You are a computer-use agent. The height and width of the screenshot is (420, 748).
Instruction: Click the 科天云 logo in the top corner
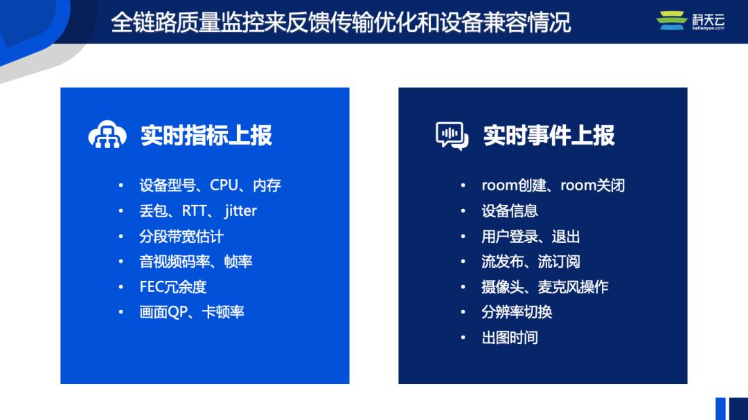click(x=690, y=21)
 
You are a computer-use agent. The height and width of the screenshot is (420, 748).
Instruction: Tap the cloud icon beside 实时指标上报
click(x=107, y=136)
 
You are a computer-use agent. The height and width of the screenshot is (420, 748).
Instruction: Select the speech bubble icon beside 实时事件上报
click(x=452, y=136)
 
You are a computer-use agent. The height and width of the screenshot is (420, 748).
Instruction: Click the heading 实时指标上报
click(x=206, y=136)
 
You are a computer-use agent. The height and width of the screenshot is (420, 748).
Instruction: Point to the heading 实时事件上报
click(x=549, y=136)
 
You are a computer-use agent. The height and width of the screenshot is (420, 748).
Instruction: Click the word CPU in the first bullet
click(x=224, y=185)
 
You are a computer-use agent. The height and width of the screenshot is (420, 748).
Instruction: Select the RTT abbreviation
click(x=194, y=211)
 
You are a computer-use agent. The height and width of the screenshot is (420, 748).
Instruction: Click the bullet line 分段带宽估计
click(x=181, y=237)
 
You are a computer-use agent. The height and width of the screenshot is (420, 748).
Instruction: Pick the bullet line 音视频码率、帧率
click(x=195, y=262)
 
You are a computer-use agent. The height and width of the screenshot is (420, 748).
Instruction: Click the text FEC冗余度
click(x=173, y=287)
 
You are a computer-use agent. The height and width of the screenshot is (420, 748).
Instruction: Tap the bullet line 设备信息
click(x=510, y=211)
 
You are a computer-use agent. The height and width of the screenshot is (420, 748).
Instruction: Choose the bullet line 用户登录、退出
click(x=531, y=237)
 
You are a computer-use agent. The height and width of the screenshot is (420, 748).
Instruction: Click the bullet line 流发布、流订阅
click(x=531, y=262)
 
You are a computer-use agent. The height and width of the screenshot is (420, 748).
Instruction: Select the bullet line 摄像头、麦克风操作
click(x=544, y=287)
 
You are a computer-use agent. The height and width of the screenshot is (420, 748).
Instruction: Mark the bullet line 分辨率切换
click(x=517, y=313)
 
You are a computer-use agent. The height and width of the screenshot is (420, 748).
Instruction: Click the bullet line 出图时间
click(x=510, y=338)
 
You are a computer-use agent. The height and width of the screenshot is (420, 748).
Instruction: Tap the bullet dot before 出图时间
click(x=463, y=338)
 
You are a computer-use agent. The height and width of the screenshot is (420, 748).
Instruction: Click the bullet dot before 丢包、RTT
click(x=121, y=211)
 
